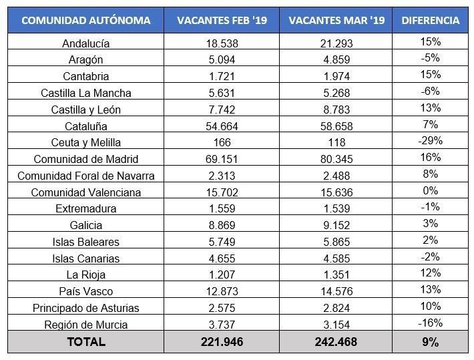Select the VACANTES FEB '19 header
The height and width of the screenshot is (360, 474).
(222, 21)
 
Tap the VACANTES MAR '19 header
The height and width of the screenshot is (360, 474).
(336, 21)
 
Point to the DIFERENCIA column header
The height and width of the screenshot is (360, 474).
(431, 21)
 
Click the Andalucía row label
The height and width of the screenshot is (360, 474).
(85, 44)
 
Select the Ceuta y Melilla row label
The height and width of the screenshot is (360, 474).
(85, 143)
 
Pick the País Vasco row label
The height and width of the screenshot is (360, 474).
(85, 291)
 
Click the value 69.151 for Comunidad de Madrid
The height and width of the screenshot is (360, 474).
(222, 160)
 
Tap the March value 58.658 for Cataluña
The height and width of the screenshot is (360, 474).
(336, 126)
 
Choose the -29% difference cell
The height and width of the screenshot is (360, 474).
(431, 141)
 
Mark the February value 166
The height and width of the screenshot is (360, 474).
(222, 143)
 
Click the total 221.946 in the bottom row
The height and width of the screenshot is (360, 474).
(222, 342)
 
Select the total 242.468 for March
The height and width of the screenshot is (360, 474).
(336, 342)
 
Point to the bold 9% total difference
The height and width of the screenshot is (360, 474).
(431, 342)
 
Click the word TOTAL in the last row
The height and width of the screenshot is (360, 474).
(85, 342)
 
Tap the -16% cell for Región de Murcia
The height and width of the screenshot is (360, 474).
(431, 323)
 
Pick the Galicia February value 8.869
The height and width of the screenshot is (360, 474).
(222, 225)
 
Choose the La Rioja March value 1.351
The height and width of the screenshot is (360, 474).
(336, 275)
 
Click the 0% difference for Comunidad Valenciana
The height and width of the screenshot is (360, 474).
(431, 190)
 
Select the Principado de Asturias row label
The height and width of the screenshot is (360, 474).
(85, 308)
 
